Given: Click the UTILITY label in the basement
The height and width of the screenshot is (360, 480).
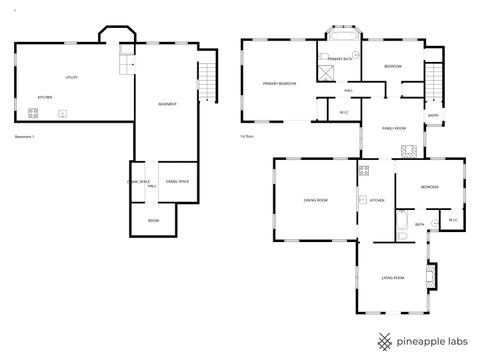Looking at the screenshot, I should (72, 77).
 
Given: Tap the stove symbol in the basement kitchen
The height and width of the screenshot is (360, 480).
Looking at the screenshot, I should (19, 112).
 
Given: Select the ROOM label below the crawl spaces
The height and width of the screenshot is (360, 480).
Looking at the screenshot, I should (153, 220).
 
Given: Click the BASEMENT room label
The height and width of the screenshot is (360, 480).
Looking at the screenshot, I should (168, 105).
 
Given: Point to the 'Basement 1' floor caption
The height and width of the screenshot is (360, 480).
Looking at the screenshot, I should (25, 136).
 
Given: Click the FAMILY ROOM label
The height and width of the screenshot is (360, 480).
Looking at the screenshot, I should (393, 129).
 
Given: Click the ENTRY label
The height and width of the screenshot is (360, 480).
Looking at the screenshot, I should (433, 115).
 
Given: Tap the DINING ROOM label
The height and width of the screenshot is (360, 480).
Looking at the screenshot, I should (316, 200).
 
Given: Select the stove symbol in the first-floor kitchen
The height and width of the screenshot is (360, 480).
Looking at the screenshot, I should (364, 170).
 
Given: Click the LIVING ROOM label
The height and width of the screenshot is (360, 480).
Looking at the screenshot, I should (392, 277).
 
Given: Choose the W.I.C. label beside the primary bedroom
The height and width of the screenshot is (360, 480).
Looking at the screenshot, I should (343, 112).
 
